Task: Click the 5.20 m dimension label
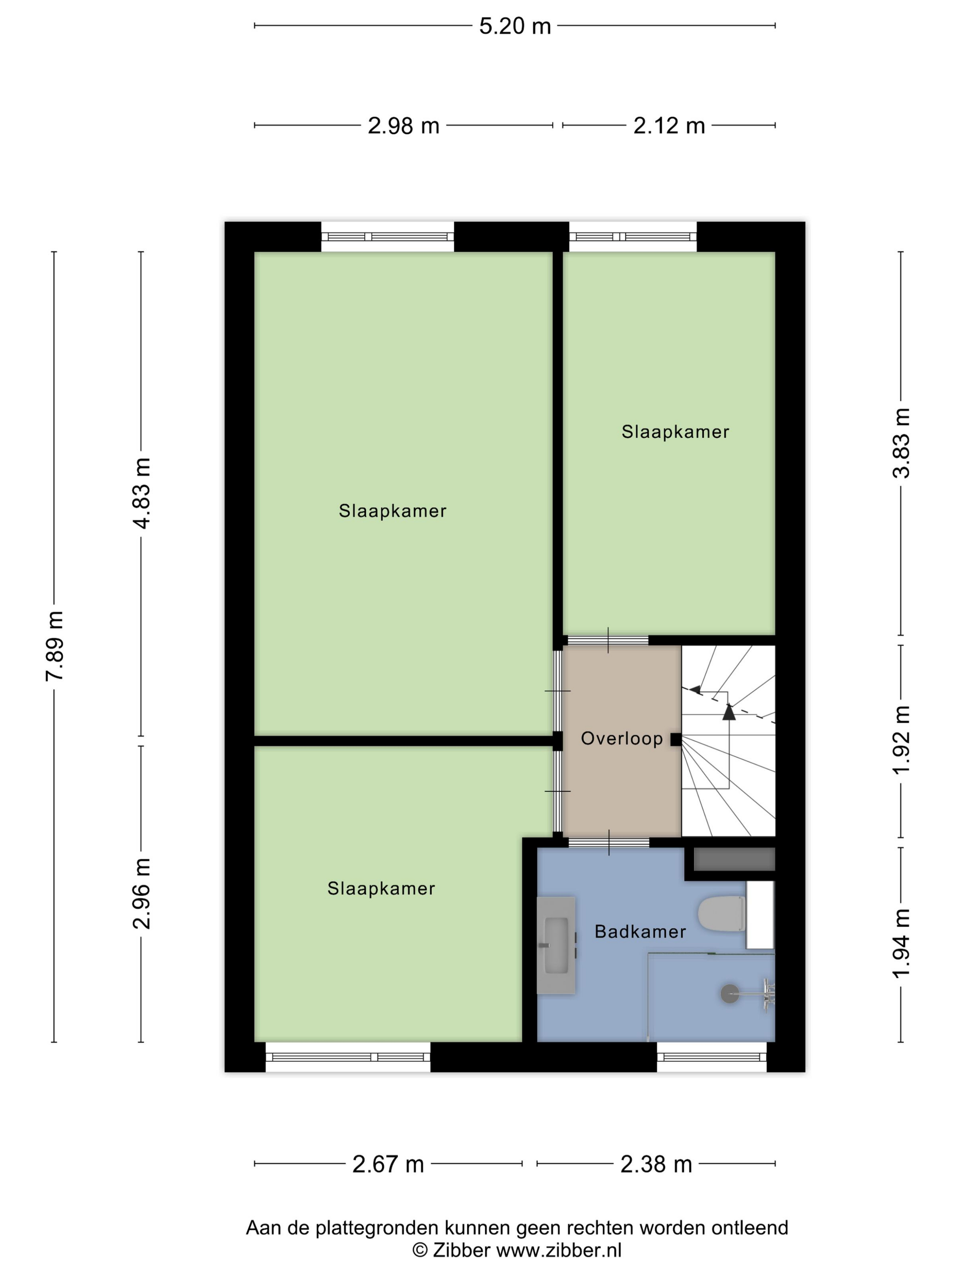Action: (515, 26)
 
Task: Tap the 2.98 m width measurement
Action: (403, 126)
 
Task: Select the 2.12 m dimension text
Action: (669, 126)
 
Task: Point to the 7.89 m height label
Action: (55, 646)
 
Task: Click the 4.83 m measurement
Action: (141, 493)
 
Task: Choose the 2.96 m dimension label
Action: (141, 893)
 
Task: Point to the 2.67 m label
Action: (388, 1164)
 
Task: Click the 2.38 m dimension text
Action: (656, 1164)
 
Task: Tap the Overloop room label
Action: (622, 738)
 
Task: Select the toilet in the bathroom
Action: (722, 914)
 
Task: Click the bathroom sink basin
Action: (556, 945)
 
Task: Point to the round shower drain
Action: (730, 994)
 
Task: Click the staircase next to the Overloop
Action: (728, 741)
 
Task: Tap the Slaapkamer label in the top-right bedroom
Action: (675, 432)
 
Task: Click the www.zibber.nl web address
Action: (558, 1250)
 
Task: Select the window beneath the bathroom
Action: (712, 1057)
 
